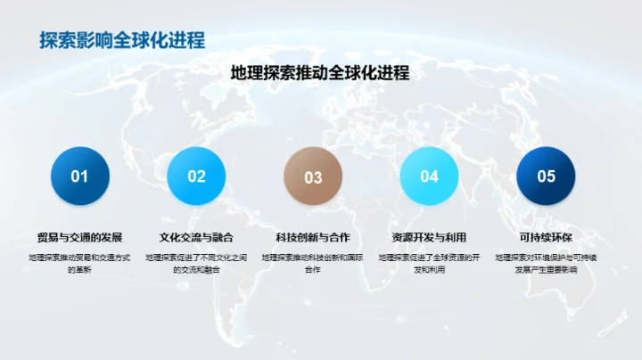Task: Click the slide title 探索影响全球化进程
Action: tap(122, 40)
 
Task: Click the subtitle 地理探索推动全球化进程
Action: tap(319, 73)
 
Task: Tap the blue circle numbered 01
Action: tap(79, 176)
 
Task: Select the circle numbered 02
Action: tap(196, 176)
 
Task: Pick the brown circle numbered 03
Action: tap(313, 176)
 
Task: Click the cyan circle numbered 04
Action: tap(430, 176)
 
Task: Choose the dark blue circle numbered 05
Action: tap(546, 176)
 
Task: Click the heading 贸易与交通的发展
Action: tap(79, 238)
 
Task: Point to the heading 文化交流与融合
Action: tap(196, 238)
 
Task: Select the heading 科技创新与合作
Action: tap(313, 238)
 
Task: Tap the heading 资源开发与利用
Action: tap(430, 238)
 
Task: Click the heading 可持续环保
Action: tap(546, 238)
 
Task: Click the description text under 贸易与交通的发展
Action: tap(79, 263)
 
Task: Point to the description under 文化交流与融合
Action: tap(196, 263)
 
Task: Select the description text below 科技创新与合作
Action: tap(313, 263)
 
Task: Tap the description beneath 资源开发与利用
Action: tap(430, 263)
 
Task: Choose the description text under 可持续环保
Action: tap(546, 263)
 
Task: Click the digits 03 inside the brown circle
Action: tap(313, 177)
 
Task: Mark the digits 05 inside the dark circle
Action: tap(546, 176)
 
